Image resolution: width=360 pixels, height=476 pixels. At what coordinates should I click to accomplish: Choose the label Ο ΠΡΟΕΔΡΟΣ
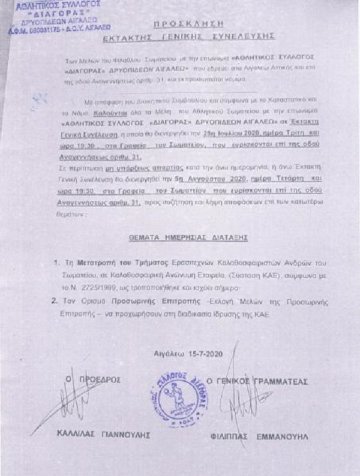pos(96,380)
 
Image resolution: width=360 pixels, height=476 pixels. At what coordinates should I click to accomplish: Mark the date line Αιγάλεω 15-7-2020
pos(187,354)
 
